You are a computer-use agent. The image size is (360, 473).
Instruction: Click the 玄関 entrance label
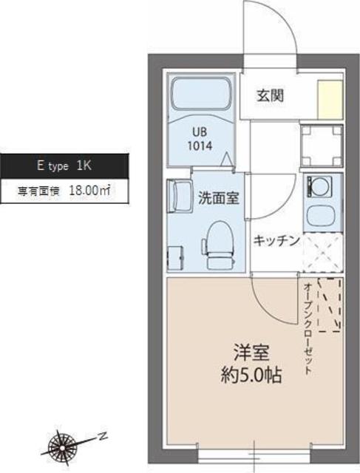(x=271, y=95)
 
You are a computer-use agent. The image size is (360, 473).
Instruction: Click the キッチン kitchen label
(x=276, y=240)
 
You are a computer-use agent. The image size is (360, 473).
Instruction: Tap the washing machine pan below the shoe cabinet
(x=324, y=147)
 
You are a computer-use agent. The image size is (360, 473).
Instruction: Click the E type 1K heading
(x=64, y=166)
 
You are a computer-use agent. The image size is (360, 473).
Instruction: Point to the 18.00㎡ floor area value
(x=89, y=190)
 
